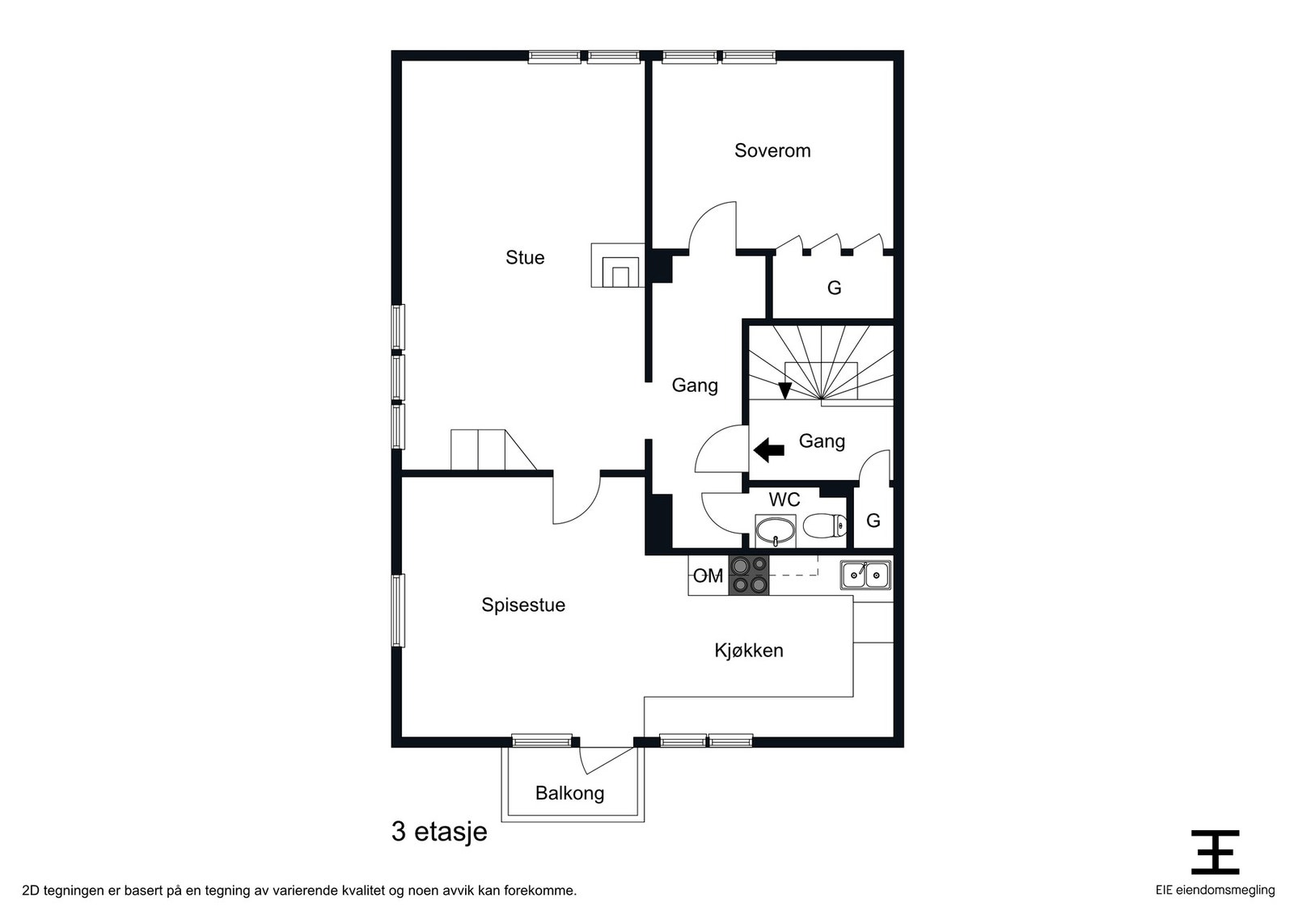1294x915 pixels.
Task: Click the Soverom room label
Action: (772, 150)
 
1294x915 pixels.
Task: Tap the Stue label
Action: (525, 258)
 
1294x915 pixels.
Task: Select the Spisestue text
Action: (522, 605)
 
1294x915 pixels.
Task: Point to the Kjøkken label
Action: (748, 651)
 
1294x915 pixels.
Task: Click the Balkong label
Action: (569, 793)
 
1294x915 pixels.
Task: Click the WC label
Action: (784, 500)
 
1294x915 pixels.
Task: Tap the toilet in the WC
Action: (824, 527)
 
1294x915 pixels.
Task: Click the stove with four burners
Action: (749, 576)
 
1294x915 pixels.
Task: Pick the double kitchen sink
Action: (865, 576)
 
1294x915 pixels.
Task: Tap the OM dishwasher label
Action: (708, 576)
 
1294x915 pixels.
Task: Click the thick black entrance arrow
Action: (768, 449)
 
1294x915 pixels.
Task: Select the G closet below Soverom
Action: (834, 288)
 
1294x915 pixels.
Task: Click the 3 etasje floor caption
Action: (439, 831)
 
